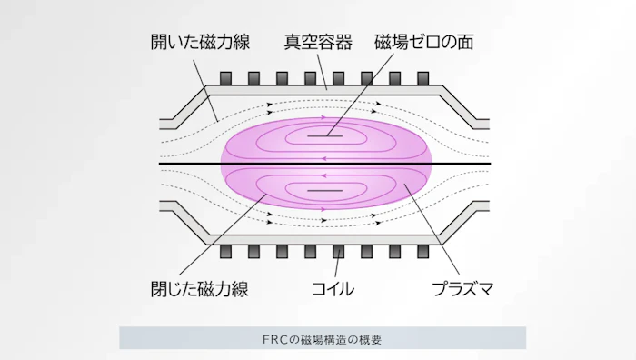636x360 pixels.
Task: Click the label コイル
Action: (x=333, y=290)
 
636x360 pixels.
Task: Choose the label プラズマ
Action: (x=462, y=290)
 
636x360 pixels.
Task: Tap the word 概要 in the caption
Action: (x=370, y=339)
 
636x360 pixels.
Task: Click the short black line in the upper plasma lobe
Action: (x=324, y=136)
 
